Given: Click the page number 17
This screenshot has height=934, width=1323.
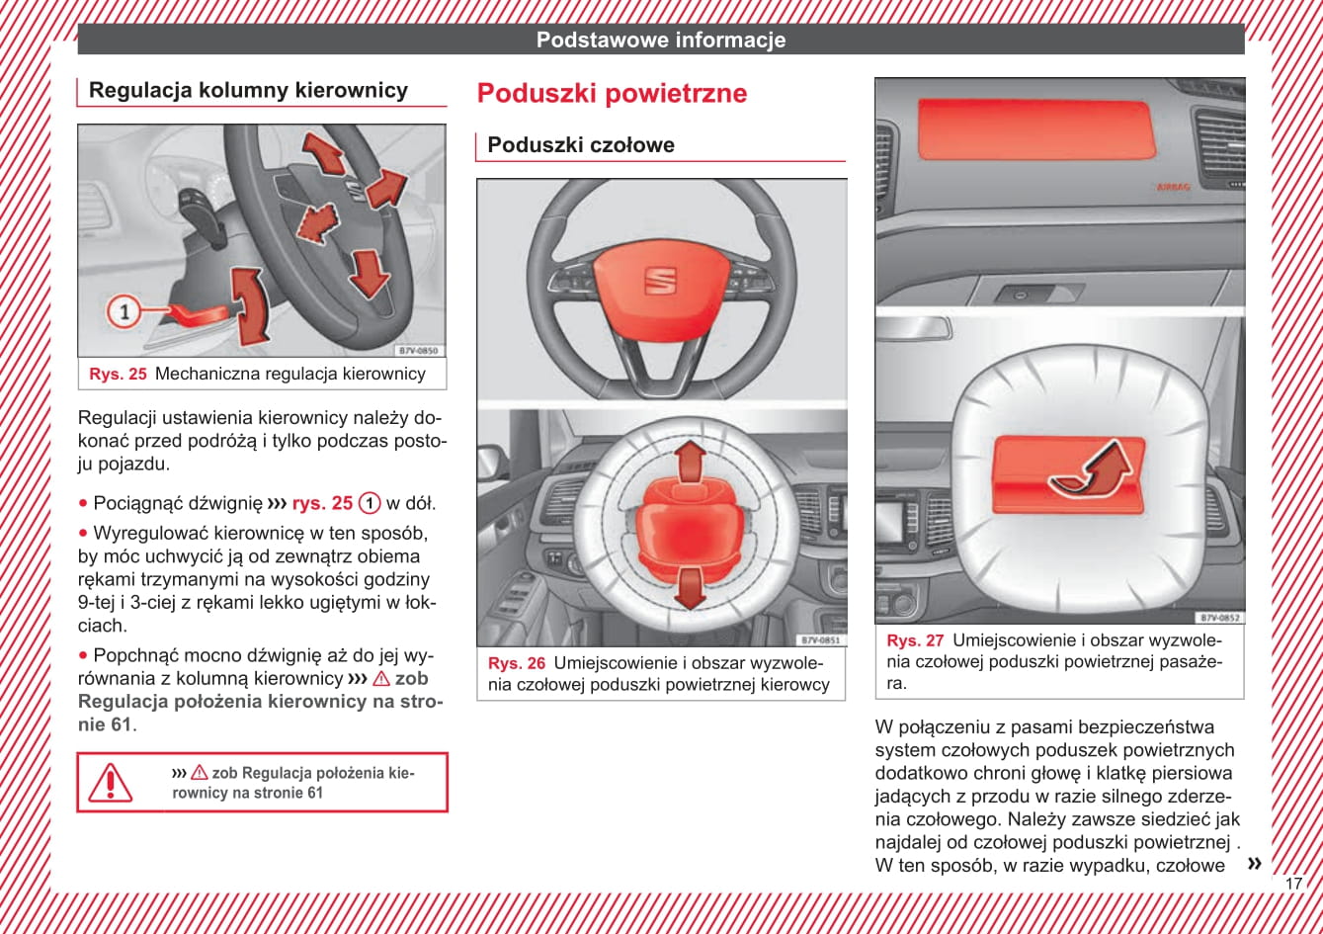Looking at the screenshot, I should pyautogui.click(x=1293, y=884).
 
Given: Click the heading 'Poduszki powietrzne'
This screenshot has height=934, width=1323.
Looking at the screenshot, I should pyautogui.click(x=612, y=94).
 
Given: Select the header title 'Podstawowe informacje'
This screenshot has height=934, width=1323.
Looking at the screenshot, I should pyautogui.click(x=661, y=40).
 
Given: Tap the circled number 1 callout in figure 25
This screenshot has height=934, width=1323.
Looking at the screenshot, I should pyautogui.click(x=124, y=312).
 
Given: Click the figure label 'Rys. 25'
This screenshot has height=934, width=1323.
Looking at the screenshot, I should pyautogui.click(x=118, y=374).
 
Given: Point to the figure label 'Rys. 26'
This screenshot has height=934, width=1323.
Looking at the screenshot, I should pyautogui.click(x=517, y=663).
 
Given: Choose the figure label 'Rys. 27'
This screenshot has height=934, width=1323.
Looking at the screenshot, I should pyautogui.click(x=915, y=640).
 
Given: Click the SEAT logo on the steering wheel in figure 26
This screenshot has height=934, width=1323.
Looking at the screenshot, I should pyautogui.click(x=660, y=280).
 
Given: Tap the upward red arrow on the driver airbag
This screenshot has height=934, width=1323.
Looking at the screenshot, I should pyautogui.click(x=691, y=461).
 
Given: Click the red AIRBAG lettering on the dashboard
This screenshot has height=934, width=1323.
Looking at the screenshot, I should pyautogui.click(x=1173, y=186).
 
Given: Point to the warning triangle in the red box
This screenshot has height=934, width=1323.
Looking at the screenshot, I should pyautogui.click(x=111, y=782).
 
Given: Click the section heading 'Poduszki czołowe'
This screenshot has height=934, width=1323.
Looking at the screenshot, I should pyautogui.click(x=581, y=145).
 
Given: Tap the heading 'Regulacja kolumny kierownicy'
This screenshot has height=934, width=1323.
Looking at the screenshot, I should pyautogui.click(x=248, y=91).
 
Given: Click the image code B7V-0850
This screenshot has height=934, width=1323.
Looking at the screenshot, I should pyautogui.click(x=418, y=351).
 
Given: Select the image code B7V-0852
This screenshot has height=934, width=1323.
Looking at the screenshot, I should pyautogui.click(x=1219, y=618).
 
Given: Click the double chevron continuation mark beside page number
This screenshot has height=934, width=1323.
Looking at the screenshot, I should pyautogui.click(x=1254, y=864).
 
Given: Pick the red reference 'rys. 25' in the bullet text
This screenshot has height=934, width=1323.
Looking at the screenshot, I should pyautogui.click(x=322, y=503).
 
